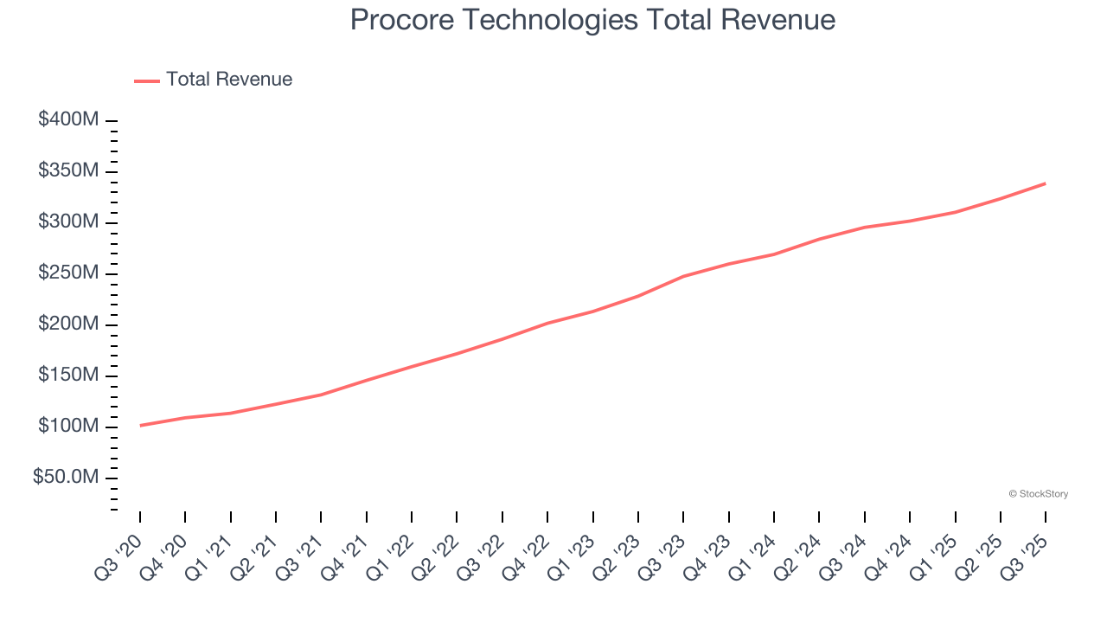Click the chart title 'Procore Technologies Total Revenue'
tap(592, 20)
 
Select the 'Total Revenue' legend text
tap(229, 80)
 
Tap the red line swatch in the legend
tap(147, 80)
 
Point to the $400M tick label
tap(68, 120)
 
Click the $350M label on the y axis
tap(68, 171)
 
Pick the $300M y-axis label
tap(68, 222)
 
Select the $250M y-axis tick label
tap(68, 273)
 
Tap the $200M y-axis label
tap(68, 324)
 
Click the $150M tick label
tap(68, 376)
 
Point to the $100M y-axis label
tap(68, 427)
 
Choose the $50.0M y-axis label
tap(66, 478)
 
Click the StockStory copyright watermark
tap(1038, 494)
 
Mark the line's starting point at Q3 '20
tap(140, 425)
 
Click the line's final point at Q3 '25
tap(1046, 183)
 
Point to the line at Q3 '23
tap(683, 276)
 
